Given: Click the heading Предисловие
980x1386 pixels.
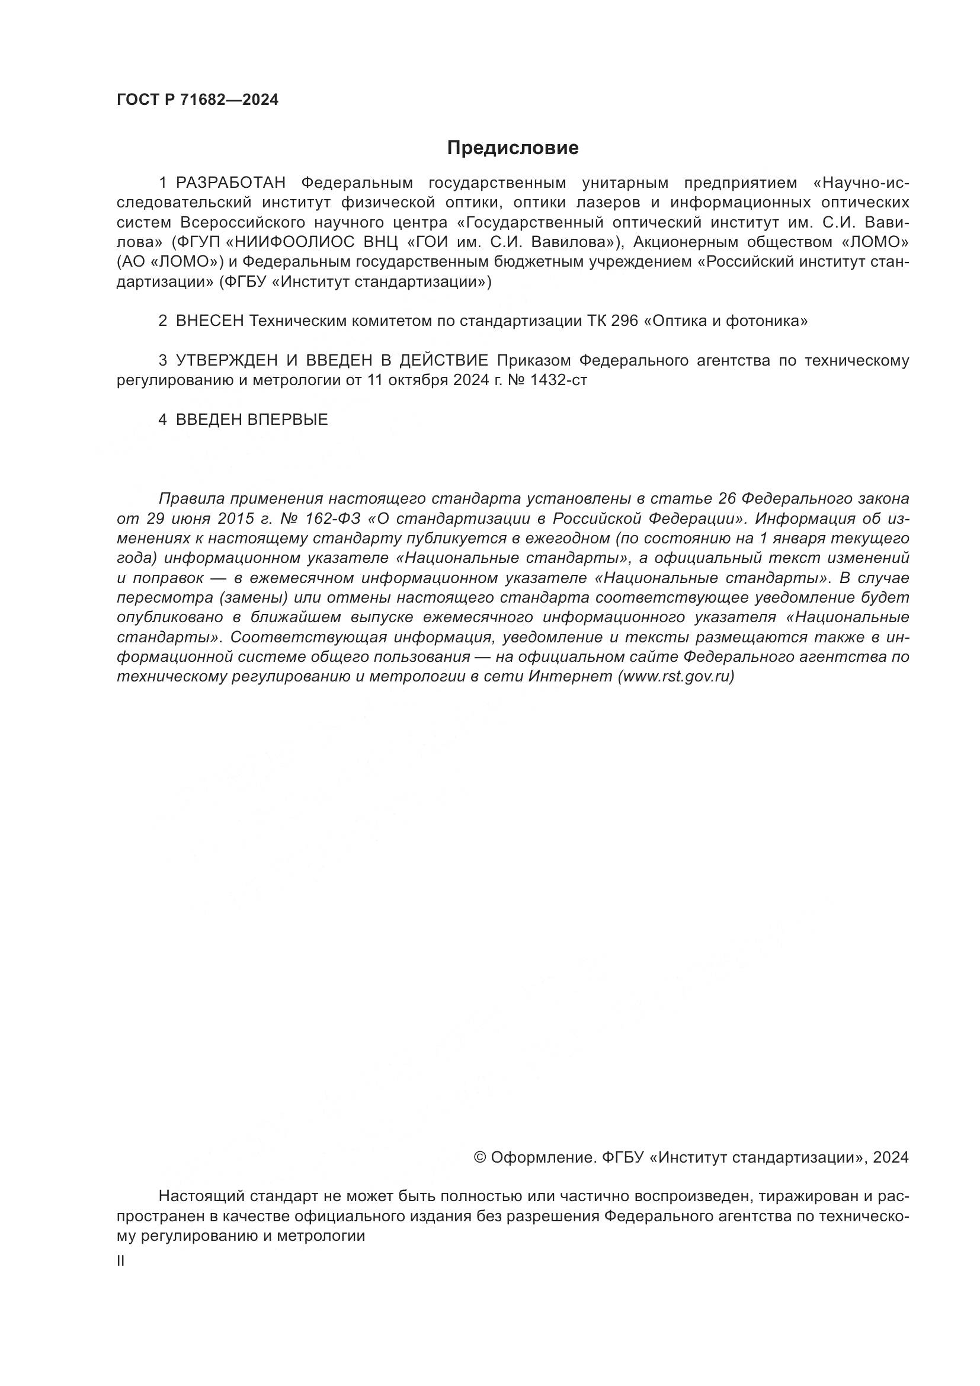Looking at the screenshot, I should coord(513,148).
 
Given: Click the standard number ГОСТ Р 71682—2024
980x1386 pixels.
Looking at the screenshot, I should coord(197,100).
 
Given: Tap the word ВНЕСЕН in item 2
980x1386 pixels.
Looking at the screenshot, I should coord(209,321).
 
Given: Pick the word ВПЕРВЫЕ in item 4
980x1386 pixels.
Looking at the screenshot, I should coord(288,420).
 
